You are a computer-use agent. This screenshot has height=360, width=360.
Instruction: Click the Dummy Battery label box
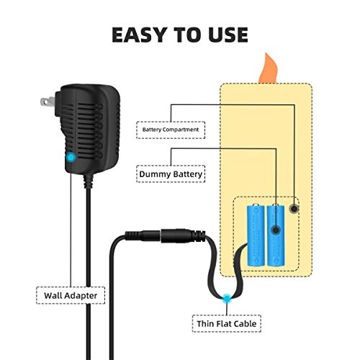pyautogui.click(x=170, y=173)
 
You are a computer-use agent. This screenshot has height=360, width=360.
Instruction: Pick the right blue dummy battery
pyautogui.click(x=276, y=234)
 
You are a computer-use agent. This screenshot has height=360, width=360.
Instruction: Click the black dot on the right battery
pyautogui.click(x=276, y=230)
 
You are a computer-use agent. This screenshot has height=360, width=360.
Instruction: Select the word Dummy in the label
pyautogui.click(x=156, y=173)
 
